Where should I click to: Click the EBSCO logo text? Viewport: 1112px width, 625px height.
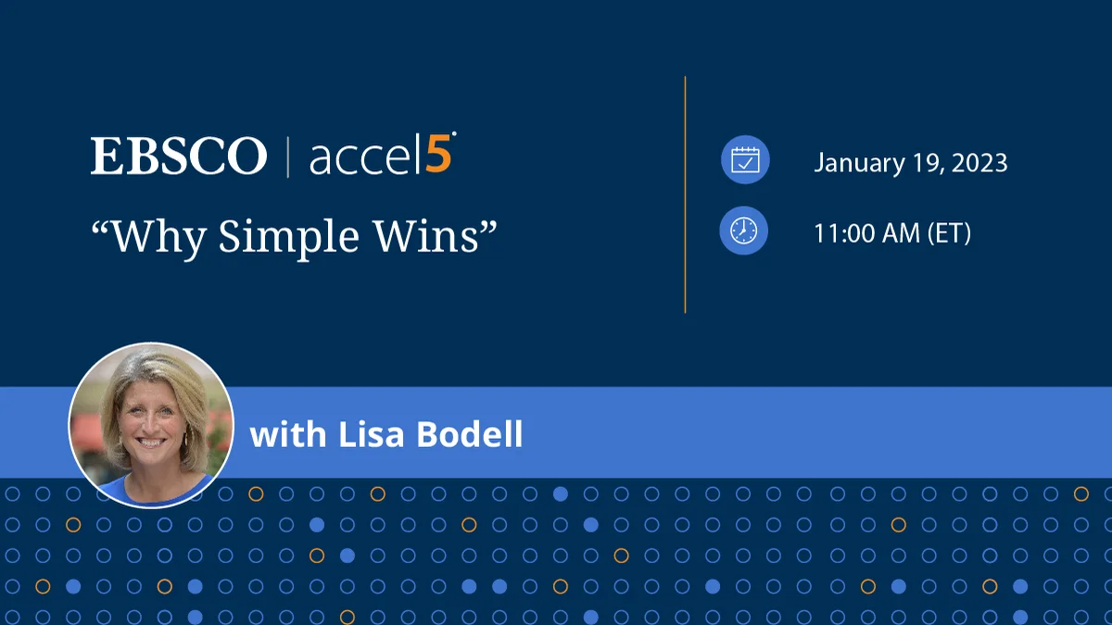(x=178, y=156)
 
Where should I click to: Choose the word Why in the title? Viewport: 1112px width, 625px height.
(x=149, y=237)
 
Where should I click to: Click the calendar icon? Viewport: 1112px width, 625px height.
(x=744, y=161)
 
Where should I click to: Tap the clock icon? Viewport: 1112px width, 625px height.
(x=744, y=231)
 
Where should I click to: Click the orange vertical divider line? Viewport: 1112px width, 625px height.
(x=685, y=194)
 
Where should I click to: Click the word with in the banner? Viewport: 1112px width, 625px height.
(x=281, y=433)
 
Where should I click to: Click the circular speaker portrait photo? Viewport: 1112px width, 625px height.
(x=150, y=425)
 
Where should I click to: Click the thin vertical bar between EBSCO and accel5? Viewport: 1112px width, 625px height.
(x=287, y=156)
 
